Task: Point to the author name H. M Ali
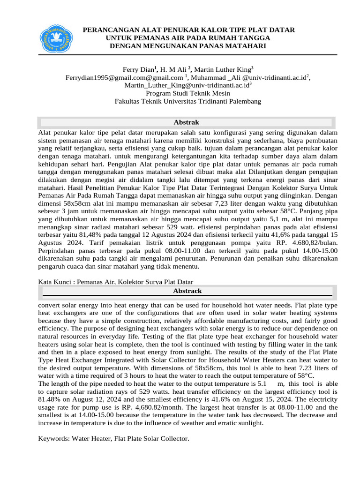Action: click(176, 69)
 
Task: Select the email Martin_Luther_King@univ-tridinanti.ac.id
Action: click(187, 85)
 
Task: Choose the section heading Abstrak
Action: click(187, 122)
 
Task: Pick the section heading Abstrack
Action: click(187, 291)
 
